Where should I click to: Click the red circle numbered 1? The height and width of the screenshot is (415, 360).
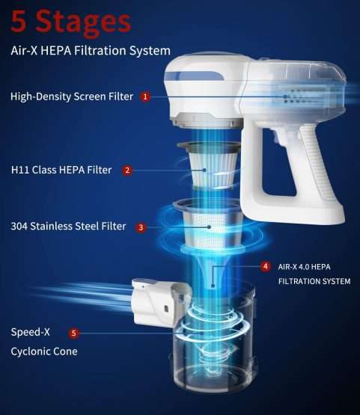pyautogui.click(x=145, y=96)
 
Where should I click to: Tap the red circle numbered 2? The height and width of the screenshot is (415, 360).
pyautogui.click(x=127, y=170)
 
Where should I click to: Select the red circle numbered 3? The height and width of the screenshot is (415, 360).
pyautogui.click(x=141, y=227)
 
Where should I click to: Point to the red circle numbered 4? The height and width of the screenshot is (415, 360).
pyautogui.click(x=266, y=266)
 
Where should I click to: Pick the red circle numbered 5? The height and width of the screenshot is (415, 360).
pyautogui.click(x=73, y=333)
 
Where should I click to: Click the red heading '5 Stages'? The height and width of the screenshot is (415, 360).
pyautogui.click(x=71, y=22)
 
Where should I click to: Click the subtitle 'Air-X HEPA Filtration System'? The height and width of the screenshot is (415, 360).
pyautogui.click(x=91, y=50)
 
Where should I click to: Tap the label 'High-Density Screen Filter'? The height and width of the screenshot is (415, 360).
pyautogui.click(x=72, y=96)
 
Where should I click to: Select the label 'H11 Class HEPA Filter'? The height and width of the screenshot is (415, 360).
pyautogui.click(x=61, y=170)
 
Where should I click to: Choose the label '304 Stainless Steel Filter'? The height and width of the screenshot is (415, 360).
pyautogui.click(x=68, y=227)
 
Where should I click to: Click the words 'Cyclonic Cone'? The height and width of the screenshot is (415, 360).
pyautogui.click(x=44, y=351)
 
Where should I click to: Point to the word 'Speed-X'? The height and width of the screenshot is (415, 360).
pyautogui.click(x=30, y=332)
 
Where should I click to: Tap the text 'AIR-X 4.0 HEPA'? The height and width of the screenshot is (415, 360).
pyautogui.click(x=304, y=267)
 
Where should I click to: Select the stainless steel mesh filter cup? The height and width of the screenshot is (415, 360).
pyautogui.click(x=207, y=226)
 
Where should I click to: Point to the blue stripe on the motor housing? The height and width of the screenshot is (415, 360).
pyautogui.click(x=194, y=76)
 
